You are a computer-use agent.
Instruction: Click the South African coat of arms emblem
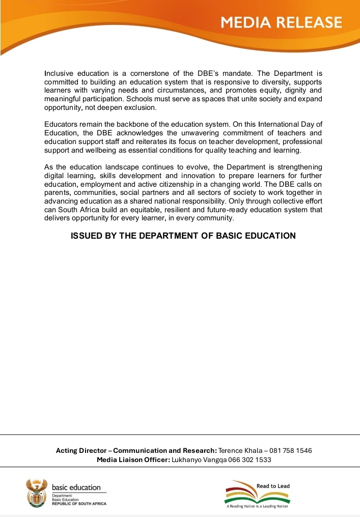(36, 493)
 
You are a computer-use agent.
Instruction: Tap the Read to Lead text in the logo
(273, 486)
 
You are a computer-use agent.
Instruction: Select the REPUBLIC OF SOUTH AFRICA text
(79, 504)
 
